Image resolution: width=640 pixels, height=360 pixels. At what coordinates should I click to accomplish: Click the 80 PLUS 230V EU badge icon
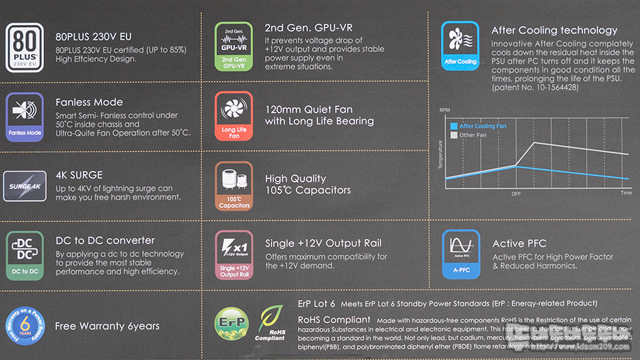25,48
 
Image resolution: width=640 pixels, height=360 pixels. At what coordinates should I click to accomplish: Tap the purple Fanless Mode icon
25,116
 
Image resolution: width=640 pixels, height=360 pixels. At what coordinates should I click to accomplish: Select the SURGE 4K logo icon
25,184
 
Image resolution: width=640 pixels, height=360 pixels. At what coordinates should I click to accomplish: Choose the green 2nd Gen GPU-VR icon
234,47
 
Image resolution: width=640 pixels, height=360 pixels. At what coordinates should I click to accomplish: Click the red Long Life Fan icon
234,115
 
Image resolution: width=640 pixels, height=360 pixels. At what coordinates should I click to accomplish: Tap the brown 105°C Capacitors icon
234,186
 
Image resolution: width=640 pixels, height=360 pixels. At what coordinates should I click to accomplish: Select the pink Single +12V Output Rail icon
234,254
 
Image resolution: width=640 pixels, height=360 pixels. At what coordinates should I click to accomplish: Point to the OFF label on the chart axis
516,193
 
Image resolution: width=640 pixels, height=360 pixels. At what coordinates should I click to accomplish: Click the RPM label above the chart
445,110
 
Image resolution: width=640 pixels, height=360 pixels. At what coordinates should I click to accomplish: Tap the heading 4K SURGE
79,174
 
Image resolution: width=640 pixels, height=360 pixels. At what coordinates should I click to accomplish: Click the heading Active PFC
518,243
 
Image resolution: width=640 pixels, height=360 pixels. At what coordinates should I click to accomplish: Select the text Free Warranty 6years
107,326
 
